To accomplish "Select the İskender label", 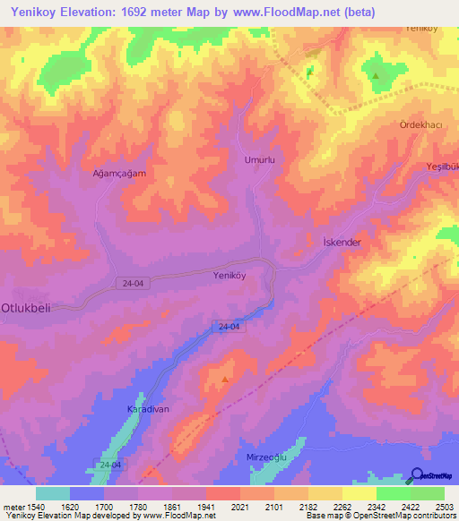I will (340, 243).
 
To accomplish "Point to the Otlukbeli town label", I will (30, 305).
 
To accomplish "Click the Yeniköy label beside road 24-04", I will (229, 276).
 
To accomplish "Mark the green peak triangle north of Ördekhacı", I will (375, 75).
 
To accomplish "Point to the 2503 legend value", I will (434, 506).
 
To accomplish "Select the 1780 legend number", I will (127, 506).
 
